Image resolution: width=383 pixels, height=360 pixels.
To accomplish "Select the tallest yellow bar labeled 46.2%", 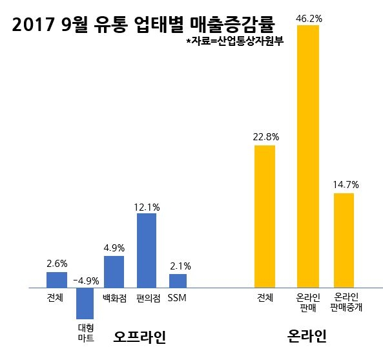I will [307, 156].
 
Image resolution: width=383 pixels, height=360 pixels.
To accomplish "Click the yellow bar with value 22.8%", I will [265, 216].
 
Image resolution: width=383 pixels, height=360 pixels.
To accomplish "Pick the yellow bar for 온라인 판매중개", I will [344, 240].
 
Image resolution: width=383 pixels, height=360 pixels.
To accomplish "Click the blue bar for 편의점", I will [147, 250].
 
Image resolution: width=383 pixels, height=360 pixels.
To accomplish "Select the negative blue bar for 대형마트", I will [85, 303].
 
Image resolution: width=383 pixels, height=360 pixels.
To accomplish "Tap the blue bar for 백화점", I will [114, 271].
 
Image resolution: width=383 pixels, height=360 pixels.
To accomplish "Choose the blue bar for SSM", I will [178, 281].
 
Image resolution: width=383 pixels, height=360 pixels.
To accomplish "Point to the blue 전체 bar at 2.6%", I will [57, 279].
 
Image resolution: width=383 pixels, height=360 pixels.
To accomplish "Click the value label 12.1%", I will [147, 207].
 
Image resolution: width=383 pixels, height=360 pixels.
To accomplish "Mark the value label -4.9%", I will [85, 281].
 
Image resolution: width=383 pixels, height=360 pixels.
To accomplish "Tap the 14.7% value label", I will [346, 185].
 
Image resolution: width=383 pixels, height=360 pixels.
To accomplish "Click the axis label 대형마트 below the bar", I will [85, 332].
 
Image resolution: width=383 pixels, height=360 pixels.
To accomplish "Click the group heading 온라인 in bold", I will [305, 337].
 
